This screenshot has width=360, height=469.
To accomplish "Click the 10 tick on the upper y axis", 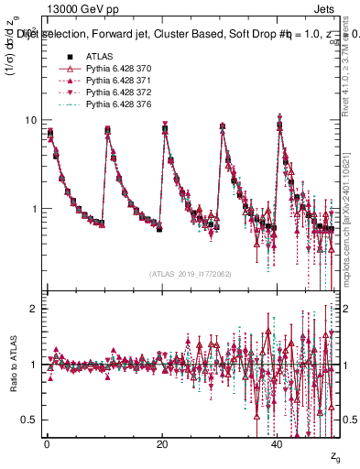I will [x=32, y=121].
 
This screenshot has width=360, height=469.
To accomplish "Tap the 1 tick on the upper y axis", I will [x=35, y=209].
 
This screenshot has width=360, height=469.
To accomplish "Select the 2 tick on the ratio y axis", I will [x=35, y=309].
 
